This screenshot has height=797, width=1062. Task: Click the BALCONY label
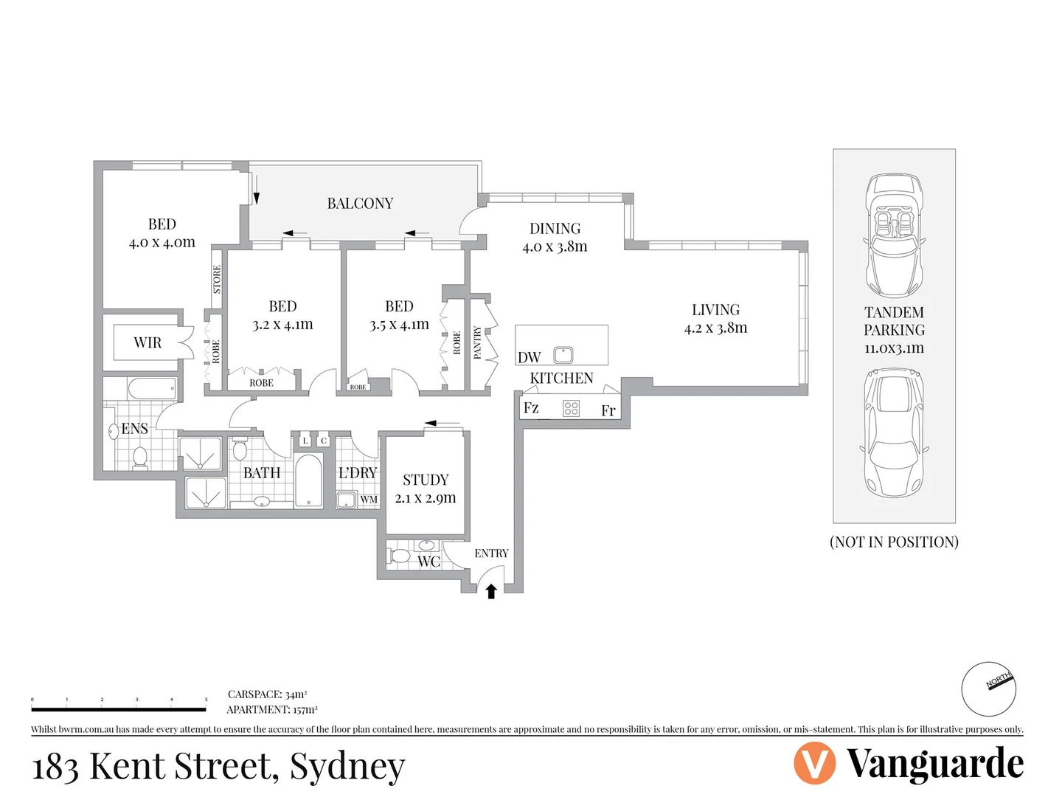pos(360,204)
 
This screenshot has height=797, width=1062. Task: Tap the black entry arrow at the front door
pos(491,591)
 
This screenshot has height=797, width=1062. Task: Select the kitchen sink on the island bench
pos(563,355)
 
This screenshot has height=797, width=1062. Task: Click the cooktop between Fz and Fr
pos(571,408)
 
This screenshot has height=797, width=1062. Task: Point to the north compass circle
pos(988,689)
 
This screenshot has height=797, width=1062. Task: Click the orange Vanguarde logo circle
pos(814,763)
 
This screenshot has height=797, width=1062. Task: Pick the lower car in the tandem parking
pos(894,434)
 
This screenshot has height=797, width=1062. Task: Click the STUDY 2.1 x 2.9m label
pos(426,489)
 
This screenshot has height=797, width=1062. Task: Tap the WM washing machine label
pos(369,500)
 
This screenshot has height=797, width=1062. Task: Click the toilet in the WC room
pos(399,555)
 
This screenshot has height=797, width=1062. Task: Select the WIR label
pos(147,342)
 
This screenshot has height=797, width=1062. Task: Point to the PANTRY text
pos(477,343)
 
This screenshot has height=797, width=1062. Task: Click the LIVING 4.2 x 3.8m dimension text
pos(715,328)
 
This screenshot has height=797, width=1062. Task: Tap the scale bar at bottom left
pos(119,708)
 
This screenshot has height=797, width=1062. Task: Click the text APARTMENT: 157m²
pos(272,710)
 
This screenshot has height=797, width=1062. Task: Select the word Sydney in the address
pos(347,766)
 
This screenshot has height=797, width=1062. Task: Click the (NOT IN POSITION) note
pos(894,542)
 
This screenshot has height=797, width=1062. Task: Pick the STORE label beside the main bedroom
pos(217,280)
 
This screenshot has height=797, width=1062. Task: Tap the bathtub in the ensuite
pos(151,388)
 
